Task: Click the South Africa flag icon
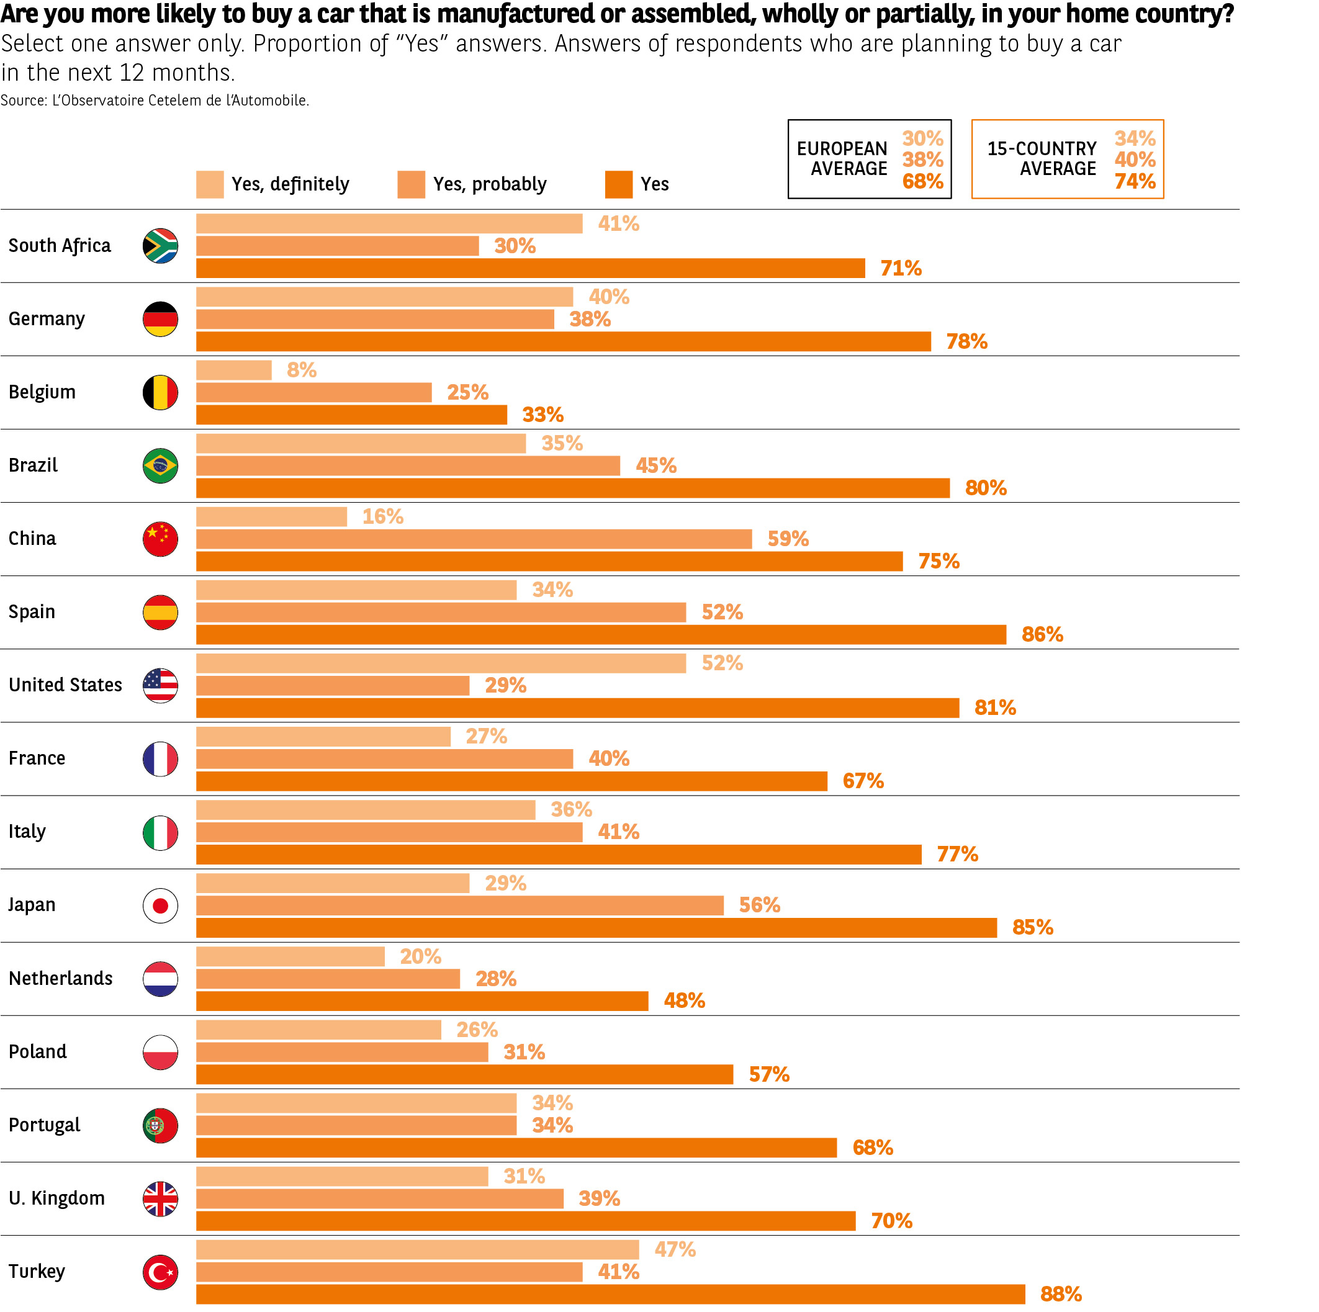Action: [x=160, y=246]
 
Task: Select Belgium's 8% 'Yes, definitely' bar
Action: [x=233, y=370]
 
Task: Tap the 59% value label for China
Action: [x=788, y=539]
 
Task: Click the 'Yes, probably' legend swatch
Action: [x=411, y=184]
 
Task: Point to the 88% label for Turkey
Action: [x=1060, y=1293]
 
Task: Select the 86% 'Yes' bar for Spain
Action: [x=601, y=634]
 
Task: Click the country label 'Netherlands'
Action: [x=61, y=978]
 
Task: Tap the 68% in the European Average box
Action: [x=922, y=182]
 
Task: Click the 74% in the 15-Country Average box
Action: [x=1135, y=182]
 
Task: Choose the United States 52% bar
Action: [x=441, y=663]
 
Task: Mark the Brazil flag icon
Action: [x=160, y=466]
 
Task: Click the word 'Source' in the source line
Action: [x=23, y=101]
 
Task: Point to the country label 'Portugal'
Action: [x=44, y=1125]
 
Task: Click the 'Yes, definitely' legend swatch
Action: [x=210, y=184]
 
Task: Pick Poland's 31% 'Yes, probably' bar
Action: [x=342, y=1052]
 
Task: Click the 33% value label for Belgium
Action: [x=542, y=415]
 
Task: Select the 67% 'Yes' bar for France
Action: [x=511, y=781]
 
